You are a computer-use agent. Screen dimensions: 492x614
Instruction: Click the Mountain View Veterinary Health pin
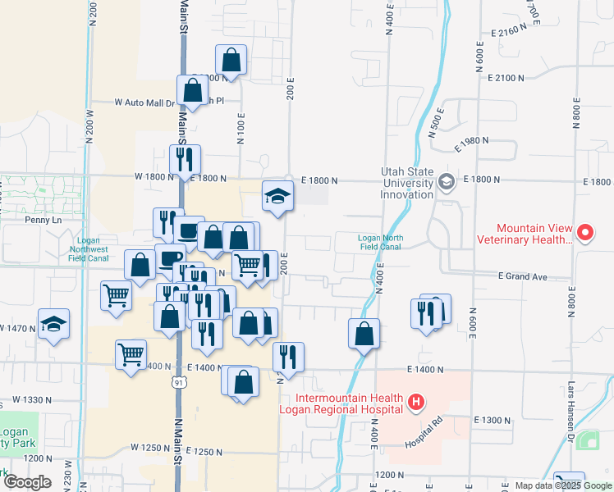584,233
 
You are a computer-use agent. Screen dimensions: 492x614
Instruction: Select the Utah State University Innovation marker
447,181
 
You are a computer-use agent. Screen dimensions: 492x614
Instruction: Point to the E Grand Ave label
522,277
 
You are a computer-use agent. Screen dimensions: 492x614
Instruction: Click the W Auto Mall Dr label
145,103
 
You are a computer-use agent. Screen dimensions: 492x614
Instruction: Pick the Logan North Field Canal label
379,242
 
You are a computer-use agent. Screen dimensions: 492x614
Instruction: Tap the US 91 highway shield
179,383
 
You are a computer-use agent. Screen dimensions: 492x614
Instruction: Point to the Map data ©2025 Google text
562,485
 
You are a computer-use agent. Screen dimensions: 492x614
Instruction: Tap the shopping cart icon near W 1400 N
131,353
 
